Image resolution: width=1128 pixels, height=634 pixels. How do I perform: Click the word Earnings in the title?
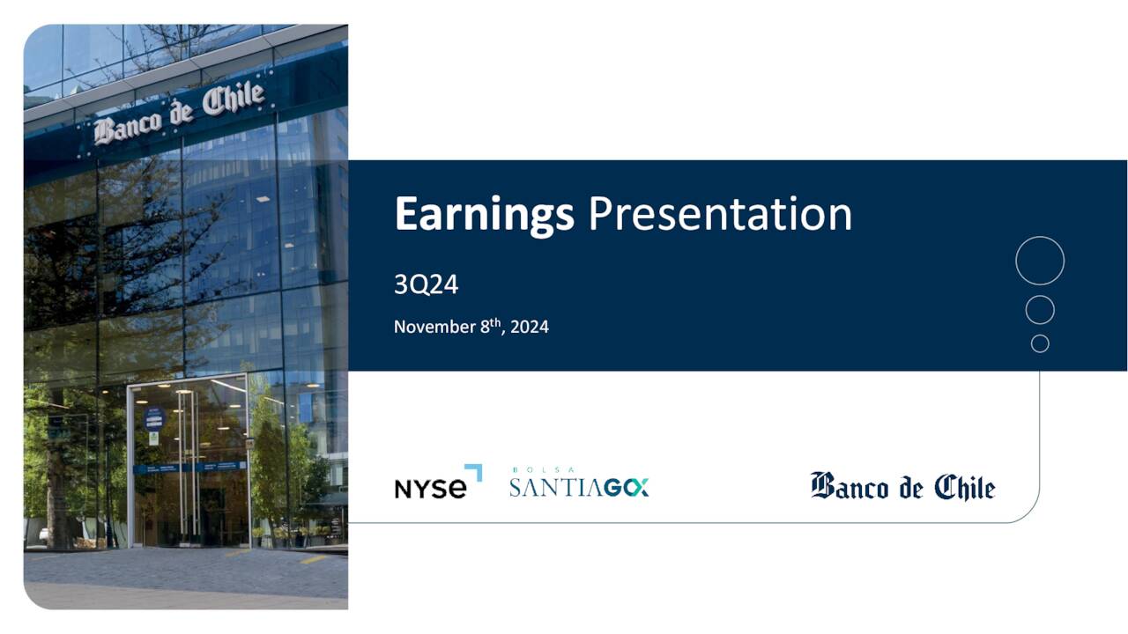click(483, 215)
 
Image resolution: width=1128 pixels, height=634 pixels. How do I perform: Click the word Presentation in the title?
click(719, 215)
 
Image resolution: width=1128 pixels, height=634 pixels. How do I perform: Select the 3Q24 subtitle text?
click(426, 284)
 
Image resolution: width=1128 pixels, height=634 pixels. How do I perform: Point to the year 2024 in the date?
click(530, 327)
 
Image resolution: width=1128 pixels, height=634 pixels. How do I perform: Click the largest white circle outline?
click(1040, 261)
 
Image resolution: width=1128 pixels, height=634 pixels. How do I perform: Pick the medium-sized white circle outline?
click(1040, 310)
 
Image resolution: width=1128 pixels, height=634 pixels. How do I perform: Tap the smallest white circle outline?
click(1040, 343)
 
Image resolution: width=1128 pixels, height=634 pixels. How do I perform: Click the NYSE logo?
click(437, 484)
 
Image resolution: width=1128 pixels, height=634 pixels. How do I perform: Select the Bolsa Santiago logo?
click(579, 485)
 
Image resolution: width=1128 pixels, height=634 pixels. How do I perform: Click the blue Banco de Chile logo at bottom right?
click(902, 486)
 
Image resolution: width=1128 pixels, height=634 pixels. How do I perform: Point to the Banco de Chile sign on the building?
click(180, 113)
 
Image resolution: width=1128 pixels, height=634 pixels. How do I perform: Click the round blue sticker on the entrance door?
click(154, 417)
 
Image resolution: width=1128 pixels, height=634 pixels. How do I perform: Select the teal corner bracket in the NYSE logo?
click(474, 472)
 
